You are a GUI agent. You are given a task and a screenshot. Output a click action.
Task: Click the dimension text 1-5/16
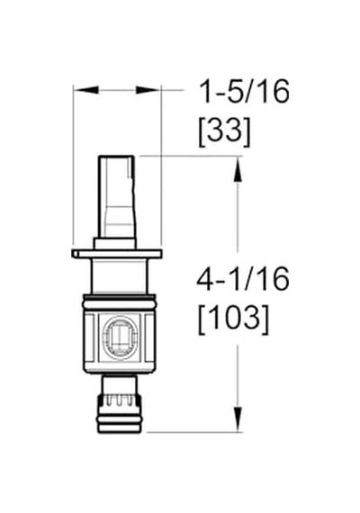(245, 92)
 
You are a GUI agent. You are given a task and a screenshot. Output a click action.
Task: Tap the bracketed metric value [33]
(224, 131)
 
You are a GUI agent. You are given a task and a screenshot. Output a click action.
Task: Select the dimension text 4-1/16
(242, 279)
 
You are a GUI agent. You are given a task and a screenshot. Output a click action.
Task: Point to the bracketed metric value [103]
(234, 319)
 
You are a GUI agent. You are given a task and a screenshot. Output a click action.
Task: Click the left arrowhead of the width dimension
(85, 89)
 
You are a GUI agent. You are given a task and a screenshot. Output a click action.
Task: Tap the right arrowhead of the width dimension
(148, 89)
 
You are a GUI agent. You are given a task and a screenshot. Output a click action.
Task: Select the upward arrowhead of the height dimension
(238, 169)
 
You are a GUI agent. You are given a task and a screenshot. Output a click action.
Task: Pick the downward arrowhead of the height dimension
(238, 419)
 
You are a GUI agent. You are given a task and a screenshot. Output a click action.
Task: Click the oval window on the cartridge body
(120, 338)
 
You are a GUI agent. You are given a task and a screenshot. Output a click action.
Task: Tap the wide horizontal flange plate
(116, 254)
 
